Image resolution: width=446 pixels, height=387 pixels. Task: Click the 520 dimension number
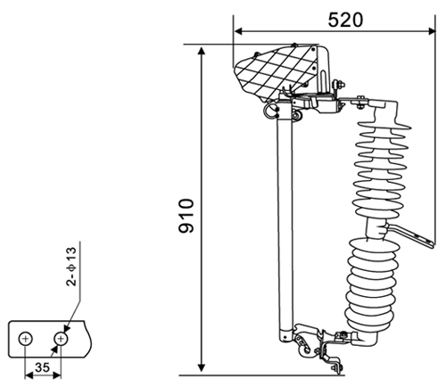pyautogui.click(x=345, y=21)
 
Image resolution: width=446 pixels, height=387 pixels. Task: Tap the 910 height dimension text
pyautogui.click(x=186, y=216)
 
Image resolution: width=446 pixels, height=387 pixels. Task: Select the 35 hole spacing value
pyautogui.click(x=42, y=367)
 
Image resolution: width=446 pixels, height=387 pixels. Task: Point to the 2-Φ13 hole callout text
pyautogui.click(x=71, y=267)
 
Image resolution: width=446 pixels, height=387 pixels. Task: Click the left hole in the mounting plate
pyautogui.click(x=26, y=339)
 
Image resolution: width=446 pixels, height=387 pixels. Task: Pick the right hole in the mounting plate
pyautogui.click(x=61, y=339)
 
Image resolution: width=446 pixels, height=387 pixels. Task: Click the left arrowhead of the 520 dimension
pyautogui.click(x=238, y=31)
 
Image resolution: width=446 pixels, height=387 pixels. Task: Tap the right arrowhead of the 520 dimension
pyautogui.click(x=431, y=31)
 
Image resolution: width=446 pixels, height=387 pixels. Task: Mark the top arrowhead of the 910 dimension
pyautogui.click(x=202, y=51)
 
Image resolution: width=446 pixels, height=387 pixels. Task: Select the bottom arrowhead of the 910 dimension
pyautogui.click(x=202, y=367)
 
